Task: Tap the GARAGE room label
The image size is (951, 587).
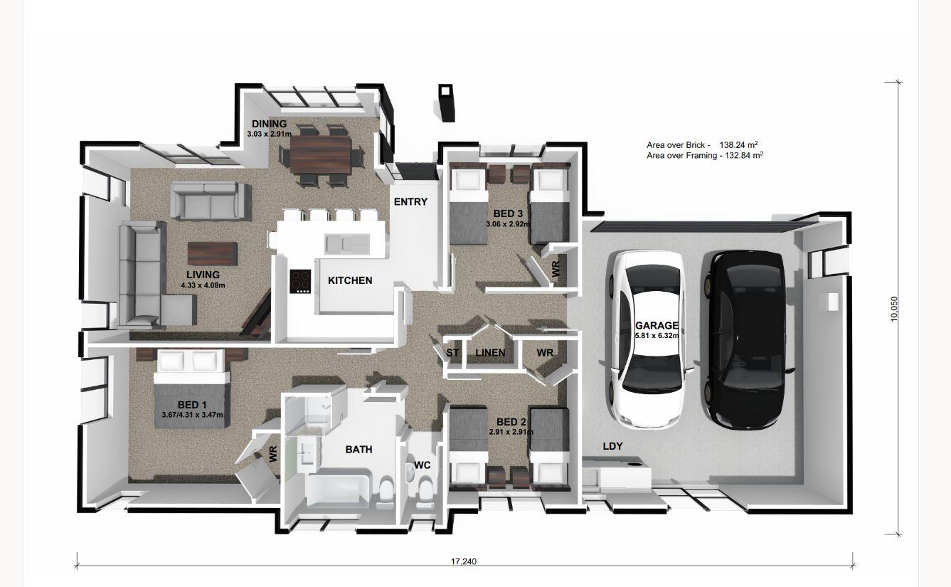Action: tap(657, 326)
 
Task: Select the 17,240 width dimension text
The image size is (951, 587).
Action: tap(464, 561)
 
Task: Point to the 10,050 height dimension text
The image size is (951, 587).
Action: tap(894, 309)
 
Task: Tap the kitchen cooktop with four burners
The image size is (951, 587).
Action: tap(301, 280)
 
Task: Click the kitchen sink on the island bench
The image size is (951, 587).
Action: tap(346, 243)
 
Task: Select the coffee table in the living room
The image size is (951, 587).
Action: tap(212, 255)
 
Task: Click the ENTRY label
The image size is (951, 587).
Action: tap(410, 201)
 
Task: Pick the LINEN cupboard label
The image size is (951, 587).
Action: tap(490, 352)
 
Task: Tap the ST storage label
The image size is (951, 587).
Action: tap(452, 352)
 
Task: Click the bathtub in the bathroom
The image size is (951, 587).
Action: tap(338, 490)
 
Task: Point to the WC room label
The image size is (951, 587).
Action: tap(423, 465)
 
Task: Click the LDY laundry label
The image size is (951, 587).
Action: tap(612, 446)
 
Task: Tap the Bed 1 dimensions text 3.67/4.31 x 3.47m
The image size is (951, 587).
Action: tap(192, 416)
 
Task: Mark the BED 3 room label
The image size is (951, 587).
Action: tap(508, 213)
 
